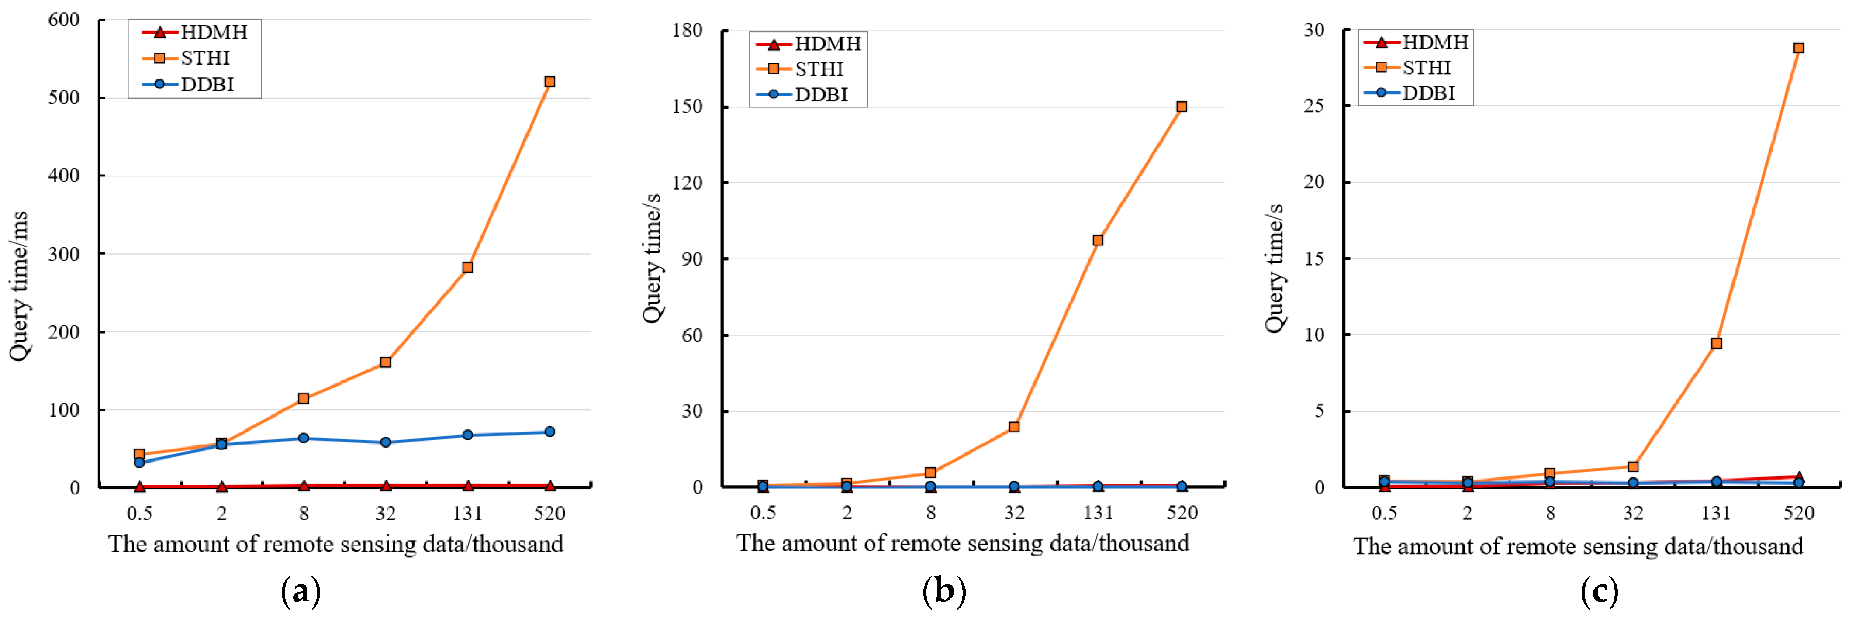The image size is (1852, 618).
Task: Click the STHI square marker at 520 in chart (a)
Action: [549, 82]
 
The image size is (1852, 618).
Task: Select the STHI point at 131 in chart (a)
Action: [467, 267]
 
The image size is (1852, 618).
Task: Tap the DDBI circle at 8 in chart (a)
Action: [304, 438]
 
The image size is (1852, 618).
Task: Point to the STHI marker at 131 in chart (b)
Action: [1098, 240]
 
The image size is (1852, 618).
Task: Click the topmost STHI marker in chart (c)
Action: [1798, 48]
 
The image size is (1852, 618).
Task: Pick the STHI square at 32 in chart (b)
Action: [1014, 427]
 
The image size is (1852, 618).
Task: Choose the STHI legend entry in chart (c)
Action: [1414, 68]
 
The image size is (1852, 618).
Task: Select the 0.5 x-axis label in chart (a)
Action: [139, 513]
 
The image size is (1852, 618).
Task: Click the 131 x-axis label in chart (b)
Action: [1098, 512]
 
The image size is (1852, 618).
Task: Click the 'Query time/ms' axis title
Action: [19, 286]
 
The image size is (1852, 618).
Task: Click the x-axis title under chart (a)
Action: [336, 544]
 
